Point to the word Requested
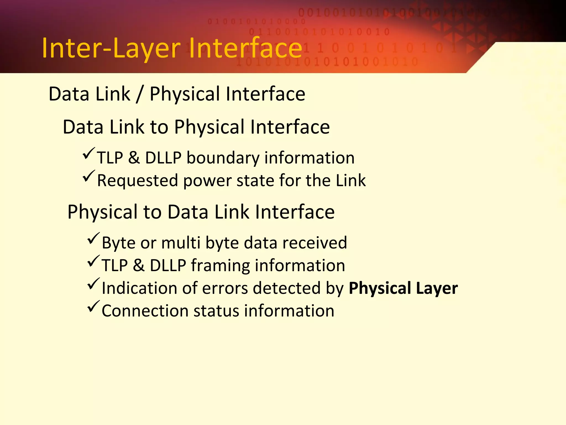[x=137, y=181]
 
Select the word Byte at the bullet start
[x=119, y=243]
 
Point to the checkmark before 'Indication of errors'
[x=93, y=284]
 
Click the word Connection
[x=145, y=311]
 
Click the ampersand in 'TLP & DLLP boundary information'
[x=134, y=158]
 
